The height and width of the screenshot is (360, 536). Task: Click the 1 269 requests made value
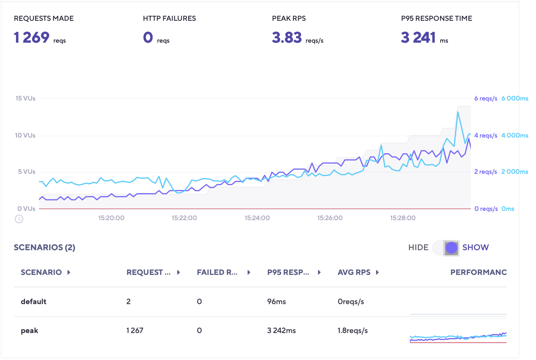32,37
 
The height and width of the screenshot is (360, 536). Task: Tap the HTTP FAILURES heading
169,19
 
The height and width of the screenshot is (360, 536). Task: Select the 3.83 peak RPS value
287,37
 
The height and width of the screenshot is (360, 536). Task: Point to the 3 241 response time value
418,37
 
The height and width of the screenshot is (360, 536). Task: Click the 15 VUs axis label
25,98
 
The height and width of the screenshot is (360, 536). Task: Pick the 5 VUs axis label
27,172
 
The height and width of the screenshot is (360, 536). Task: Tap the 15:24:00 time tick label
257,218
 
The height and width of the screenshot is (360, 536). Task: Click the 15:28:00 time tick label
403,218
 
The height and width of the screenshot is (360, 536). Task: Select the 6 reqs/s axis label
486,98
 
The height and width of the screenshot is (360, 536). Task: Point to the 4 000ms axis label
515,135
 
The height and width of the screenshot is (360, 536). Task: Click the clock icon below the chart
19,219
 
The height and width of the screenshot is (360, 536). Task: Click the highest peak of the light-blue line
458,112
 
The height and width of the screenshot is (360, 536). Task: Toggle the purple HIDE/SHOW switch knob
451,248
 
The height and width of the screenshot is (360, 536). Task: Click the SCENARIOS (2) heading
44,247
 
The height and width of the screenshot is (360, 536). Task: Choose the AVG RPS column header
354,272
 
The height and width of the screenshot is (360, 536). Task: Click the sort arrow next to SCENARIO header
69,272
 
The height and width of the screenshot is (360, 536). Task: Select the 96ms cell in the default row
276,302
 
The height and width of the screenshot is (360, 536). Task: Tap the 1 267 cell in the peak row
135,331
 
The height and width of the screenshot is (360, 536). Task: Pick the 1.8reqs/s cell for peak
353,331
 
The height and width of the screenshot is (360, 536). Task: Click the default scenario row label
33,302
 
